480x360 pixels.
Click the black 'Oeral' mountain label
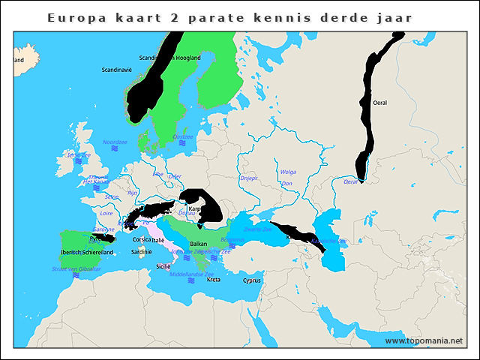379,102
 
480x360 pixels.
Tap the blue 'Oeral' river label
350,181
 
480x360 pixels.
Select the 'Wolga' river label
288,172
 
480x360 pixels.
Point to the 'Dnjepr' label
248,178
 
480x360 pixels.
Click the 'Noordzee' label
115,141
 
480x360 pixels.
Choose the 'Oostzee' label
183,136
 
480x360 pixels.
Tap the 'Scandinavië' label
116,70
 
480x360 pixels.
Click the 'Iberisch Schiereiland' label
87,253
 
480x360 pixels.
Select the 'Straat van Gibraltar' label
76,268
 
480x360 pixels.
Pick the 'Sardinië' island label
141,253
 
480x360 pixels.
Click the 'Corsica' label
142,240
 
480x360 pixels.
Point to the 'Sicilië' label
163,266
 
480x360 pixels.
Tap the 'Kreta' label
214,280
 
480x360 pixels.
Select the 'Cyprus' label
252,281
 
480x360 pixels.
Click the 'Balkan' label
199,244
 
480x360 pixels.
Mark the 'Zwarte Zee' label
257,229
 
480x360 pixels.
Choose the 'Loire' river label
106,213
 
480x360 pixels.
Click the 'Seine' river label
112,196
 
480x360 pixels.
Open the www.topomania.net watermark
424,341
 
